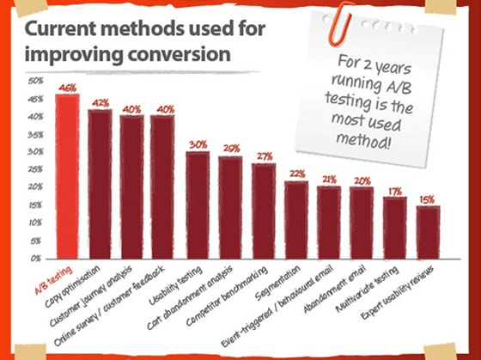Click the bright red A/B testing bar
coord(67,176)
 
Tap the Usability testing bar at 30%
coord(198,204)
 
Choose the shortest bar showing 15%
coord(428,231)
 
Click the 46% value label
coord(67,88)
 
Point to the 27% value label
coord(264,156)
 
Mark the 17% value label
coord(395,191)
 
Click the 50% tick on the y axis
coord(35,82)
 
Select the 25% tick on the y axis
coord(35,169)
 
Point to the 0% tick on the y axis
coord(37,258)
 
